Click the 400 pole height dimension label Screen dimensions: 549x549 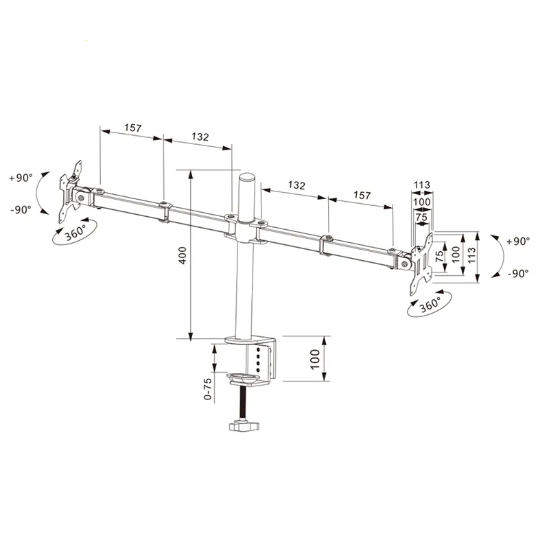tap(183, 255)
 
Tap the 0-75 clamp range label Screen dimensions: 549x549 tap(208, 388)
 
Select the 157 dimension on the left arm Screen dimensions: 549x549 tap(132, 128)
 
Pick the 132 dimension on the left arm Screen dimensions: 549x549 tap(200, 136)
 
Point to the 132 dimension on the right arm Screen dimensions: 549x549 tap(296, 185)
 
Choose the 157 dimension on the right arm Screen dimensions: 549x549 tap(362, 195)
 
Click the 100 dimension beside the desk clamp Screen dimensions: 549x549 tap(315, 359)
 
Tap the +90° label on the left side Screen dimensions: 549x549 tap(21, 178)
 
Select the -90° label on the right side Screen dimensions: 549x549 tap(518, 273)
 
